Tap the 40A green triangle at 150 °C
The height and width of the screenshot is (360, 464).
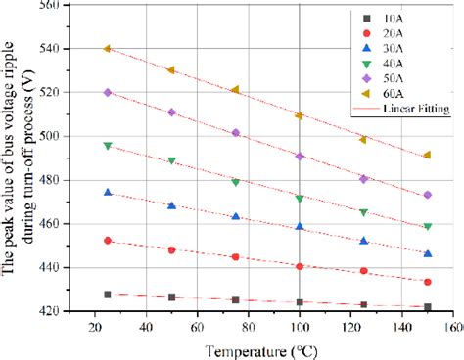(x=428, y=226)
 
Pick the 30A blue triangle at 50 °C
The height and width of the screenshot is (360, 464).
(x=171, y=205)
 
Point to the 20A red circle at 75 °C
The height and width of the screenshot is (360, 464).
(x=236, y=257)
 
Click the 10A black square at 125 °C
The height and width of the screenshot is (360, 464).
(x=364, y=304)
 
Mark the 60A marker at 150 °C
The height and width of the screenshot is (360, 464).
(x=428, y=155)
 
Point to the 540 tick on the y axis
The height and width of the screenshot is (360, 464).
(x=73, y=49)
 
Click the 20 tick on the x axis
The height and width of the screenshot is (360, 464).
(x=95, y=326)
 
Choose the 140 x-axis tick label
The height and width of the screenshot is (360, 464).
(x=402, y=326)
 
